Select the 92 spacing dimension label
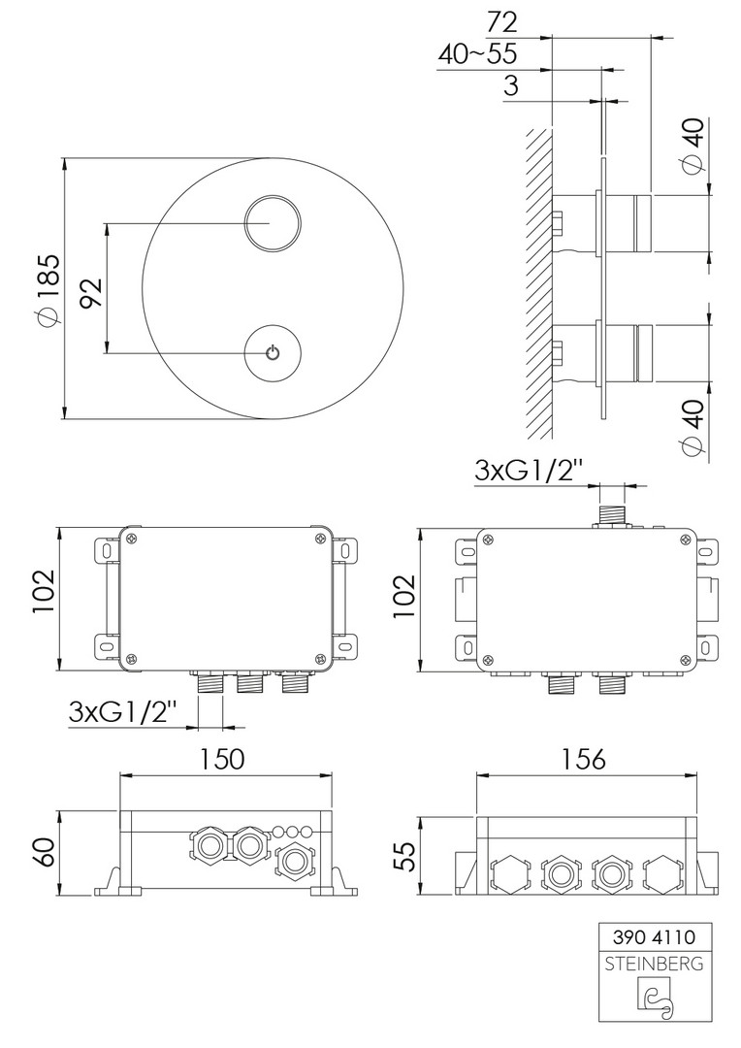91,291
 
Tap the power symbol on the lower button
272,352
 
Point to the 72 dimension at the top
501,22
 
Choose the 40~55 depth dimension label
478,54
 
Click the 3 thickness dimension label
510,86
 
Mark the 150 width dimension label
223,759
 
